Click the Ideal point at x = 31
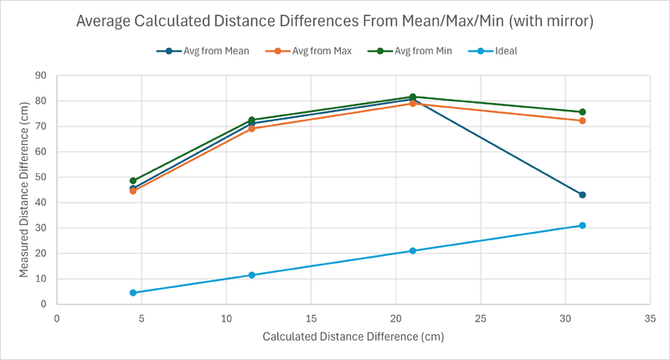tap(582, 225)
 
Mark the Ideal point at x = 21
tap(412, 250)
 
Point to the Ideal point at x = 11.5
tap(251, 275)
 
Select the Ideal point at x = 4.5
tap(132, 292)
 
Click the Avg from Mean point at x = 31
tap(582, 194)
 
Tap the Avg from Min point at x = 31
tap(582, 111)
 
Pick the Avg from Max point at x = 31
tap(582, 121)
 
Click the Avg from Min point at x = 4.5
tap(132, 180)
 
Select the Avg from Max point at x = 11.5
tap(251, 128)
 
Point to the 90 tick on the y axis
tap(40, 75)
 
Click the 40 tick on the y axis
tap(40, 203)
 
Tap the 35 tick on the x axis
tap(650, 318)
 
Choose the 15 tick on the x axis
tap(311, 318)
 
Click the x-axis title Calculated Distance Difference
tap(353, 337)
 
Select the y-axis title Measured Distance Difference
tap(24, 191)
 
